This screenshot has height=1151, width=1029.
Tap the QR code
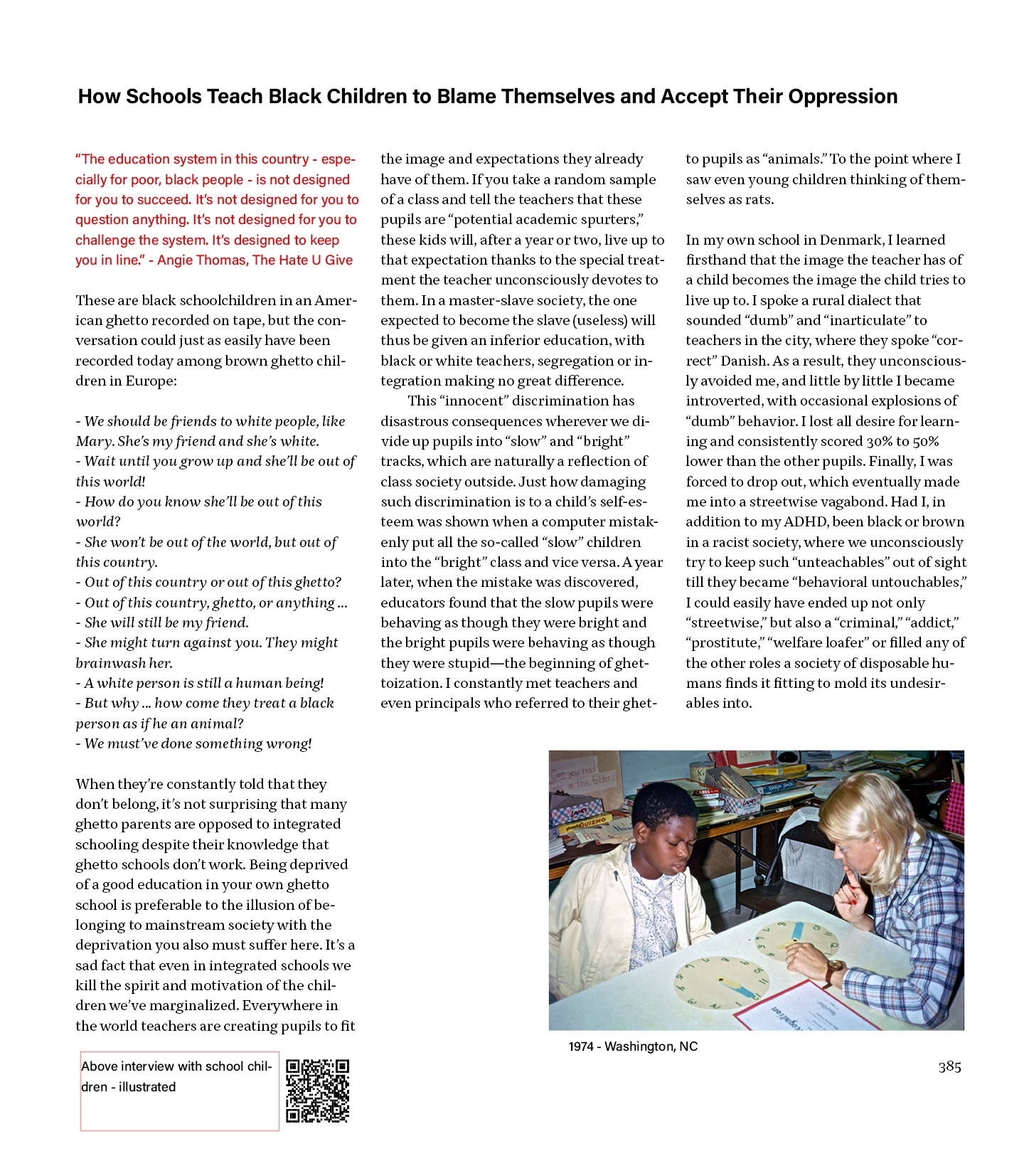pyautogui.click(x=317, y=1091)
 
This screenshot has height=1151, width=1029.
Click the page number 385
pyautogui.click(x=949, y=1066)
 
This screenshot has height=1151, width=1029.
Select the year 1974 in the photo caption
pyautogui.click(x=581, y=1046)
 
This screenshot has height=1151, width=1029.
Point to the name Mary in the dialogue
pyautogui.click(x=94, y=441)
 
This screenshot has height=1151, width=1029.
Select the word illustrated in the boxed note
pyautogui.click(x=147, y=1087)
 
